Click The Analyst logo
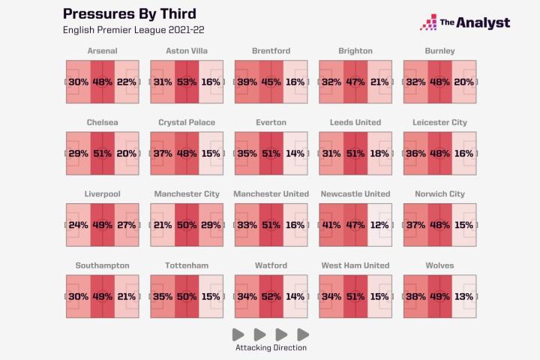click(465, 22)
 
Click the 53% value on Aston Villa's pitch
click(187, 82)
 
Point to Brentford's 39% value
click(247, 82)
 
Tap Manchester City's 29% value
click(211, 224)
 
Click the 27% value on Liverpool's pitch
click(127, 224)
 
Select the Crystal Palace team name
click(187, 122)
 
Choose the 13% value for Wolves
click(463, 295)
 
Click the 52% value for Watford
click(271, 295)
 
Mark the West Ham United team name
click(355, 265)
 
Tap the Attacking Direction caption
click(271, 348)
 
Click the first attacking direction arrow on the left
click(238, 334)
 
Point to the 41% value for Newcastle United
click(331, 224)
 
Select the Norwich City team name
click(439, 193)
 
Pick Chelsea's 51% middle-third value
click(103, 153)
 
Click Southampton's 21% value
click(127, 295)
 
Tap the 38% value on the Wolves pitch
click(415, 295)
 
